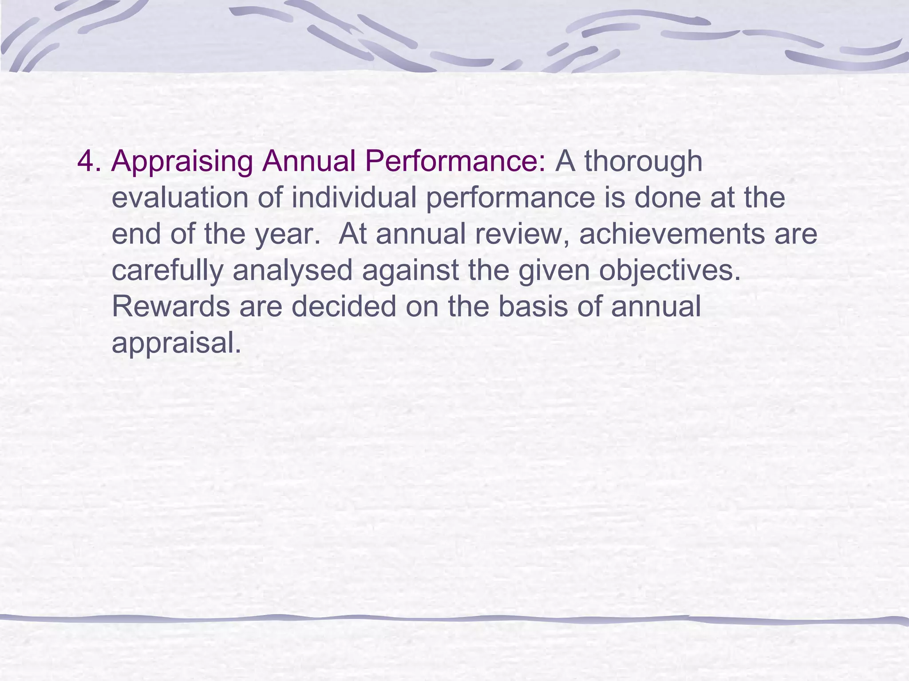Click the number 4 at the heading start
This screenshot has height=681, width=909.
pos(86,161)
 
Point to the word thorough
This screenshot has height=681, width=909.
pos(643,161)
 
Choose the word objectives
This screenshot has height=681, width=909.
pos(670,270)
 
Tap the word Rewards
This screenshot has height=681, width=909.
pos(171,307)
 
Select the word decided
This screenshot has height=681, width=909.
pos(344,307)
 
